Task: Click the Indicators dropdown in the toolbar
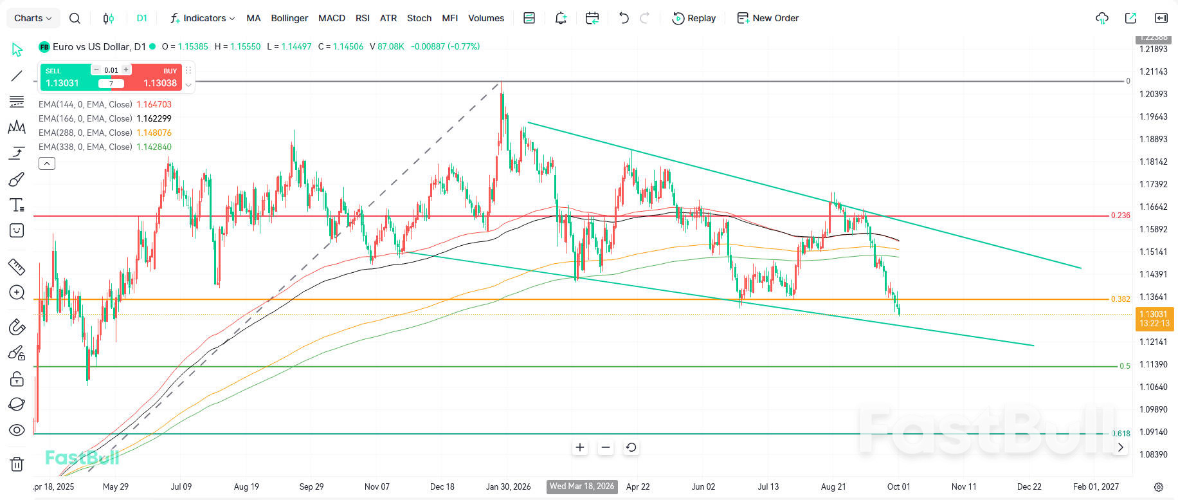[x=203, y=18]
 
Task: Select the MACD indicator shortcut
[x=332, y=18]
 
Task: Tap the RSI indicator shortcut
[x=363, y=18]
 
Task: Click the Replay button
[x=694, y=18]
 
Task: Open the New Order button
[x=768, y=18]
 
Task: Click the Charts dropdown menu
[x=33, y=18]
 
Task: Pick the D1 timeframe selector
[x=142, y=18]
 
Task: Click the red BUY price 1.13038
[x=160, y=83]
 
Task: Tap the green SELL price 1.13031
[x=62, y=83]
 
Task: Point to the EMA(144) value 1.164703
[x=154, y=104]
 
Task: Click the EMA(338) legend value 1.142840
[x=154, y=147]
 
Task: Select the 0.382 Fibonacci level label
[x=1120, y=299]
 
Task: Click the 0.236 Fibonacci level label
[x=1120, y=216]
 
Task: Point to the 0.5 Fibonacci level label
[x=1125, y=366]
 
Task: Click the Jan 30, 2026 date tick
[x=509, y=486]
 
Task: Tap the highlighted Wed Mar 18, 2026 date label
[x=582, y=486]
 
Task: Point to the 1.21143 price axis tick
[x=1153, y=71]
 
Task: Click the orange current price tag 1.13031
[x=1154, y=319]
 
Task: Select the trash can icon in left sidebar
[x=17, y=463]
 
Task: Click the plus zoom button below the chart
[x=580, y=447]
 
